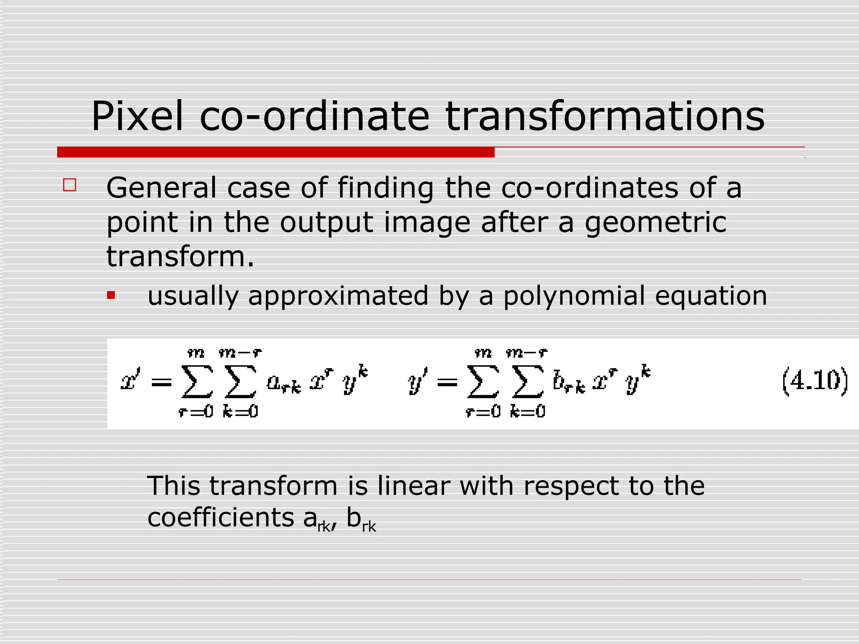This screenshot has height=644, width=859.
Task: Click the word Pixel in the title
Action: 137,117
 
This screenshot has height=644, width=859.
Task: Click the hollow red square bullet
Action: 70,185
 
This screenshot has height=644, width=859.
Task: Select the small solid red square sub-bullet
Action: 111,296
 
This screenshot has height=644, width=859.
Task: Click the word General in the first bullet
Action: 161,187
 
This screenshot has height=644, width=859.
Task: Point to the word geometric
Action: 656,223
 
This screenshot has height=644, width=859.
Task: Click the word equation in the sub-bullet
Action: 711,296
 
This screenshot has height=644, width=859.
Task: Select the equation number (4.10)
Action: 815,382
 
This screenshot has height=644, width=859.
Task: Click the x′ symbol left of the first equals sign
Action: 130,381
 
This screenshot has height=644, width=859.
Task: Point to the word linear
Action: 413,486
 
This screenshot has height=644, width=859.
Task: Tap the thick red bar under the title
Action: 276,152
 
